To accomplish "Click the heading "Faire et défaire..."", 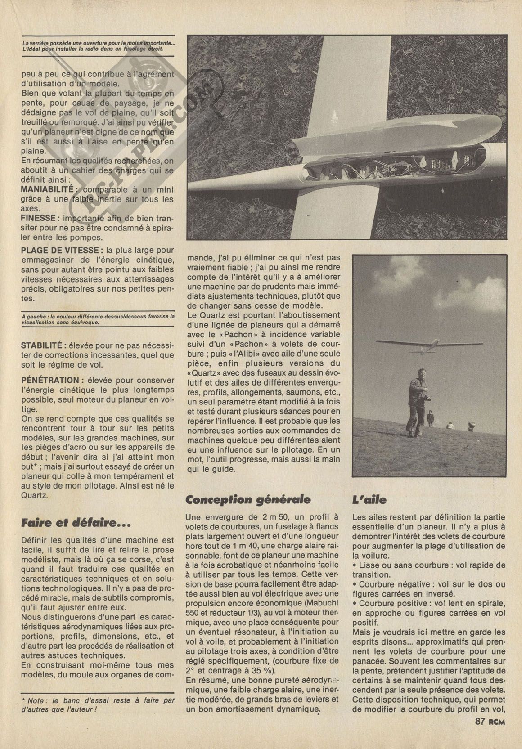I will point(76,523).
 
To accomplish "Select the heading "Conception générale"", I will point(248,499).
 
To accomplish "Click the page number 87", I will point(479,734).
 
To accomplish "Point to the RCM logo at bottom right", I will point(496,734).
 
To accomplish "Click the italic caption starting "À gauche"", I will point(98,319).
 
